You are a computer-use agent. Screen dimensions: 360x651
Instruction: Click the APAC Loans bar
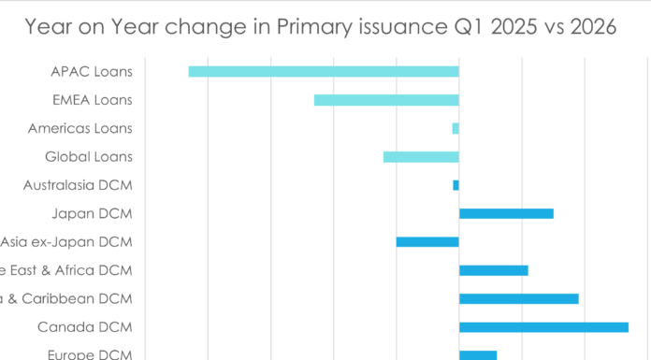click(x=324, y=72)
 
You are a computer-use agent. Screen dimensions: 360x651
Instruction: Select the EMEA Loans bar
click(x=386, y=100)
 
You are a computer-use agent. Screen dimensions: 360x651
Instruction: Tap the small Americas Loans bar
click(x=456, y=128)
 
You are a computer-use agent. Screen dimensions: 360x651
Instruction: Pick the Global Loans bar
click(x=421, y=157)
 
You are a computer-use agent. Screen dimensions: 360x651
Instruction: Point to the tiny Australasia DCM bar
click(x=456, y=185)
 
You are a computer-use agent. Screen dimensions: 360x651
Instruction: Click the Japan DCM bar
click(x=506, y=213)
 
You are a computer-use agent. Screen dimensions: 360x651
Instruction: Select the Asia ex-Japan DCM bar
click(x=427, y=242)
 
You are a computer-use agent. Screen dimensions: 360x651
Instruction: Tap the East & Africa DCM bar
click(x=494, y=270)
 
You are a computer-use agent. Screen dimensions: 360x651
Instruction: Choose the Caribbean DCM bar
click(x=518, y=299)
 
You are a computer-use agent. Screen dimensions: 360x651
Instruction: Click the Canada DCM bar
click(x=543, y=327)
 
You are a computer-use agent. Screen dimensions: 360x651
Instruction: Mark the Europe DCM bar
click(x=478, y=355)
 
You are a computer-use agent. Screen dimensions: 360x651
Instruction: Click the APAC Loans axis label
click(x=93, y=71)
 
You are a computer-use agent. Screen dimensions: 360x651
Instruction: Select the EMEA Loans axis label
click(x=92, y=100)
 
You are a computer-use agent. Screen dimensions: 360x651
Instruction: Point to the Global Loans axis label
click(x=89, y=157)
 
